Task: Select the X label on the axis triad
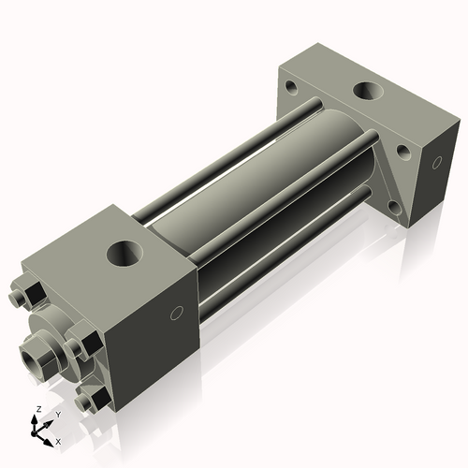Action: [58, 439]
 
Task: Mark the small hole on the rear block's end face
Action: [436, 164]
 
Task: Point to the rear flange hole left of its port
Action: [291, 89]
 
